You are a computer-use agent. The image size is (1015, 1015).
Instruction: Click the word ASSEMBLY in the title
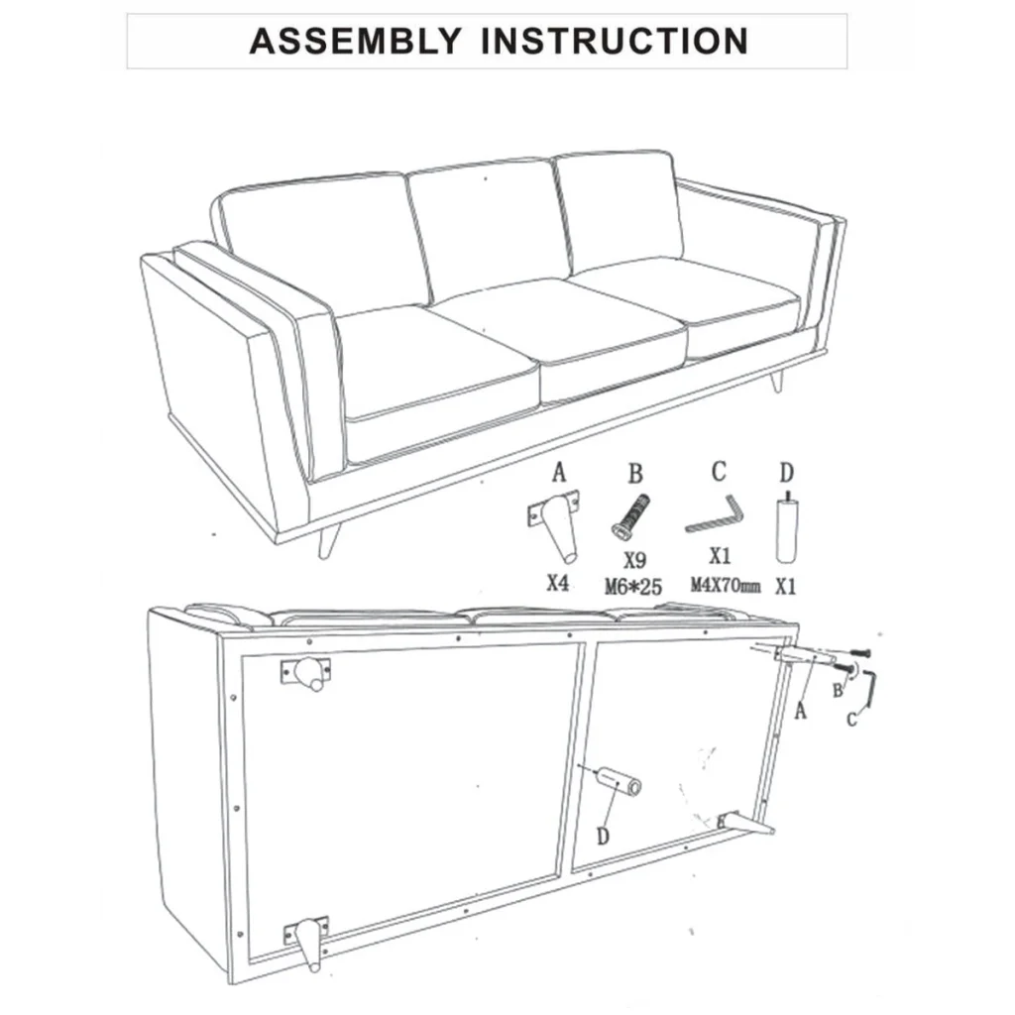coord(355,41)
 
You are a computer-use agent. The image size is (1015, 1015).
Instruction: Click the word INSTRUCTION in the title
coord(615,41)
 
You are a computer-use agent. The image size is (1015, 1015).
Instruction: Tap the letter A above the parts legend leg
coord(559,472)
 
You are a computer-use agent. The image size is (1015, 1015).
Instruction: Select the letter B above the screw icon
coord(635,474)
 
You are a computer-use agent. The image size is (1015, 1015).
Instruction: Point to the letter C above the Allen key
coord(719,472)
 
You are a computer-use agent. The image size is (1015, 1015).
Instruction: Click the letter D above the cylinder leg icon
coord(786,473)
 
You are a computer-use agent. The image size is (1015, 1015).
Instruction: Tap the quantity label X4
coord(557,583)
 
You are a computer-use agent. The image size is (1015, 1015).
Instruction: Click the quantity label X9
coord(634,560)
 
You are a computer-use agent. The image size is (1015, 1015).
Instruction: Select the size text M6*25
coord(633,587)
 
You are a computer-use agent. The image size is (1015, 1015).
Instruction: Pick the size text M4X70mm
coord(725,585)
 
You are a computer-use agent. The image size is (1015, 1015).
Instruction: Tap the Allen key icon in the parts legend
coord(716,514)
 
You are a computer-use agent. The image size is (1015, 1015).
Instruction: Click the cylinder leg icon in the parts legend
coord(786,528)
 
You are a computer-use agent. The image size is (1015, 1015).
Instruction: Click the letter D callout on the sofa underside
coord(603,837)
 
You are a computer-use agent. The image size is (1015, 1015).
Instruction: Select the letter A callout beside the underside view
coord(801,711)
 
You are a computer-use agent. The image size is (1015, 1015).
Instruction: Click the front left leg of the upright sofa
coord(329,542)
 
